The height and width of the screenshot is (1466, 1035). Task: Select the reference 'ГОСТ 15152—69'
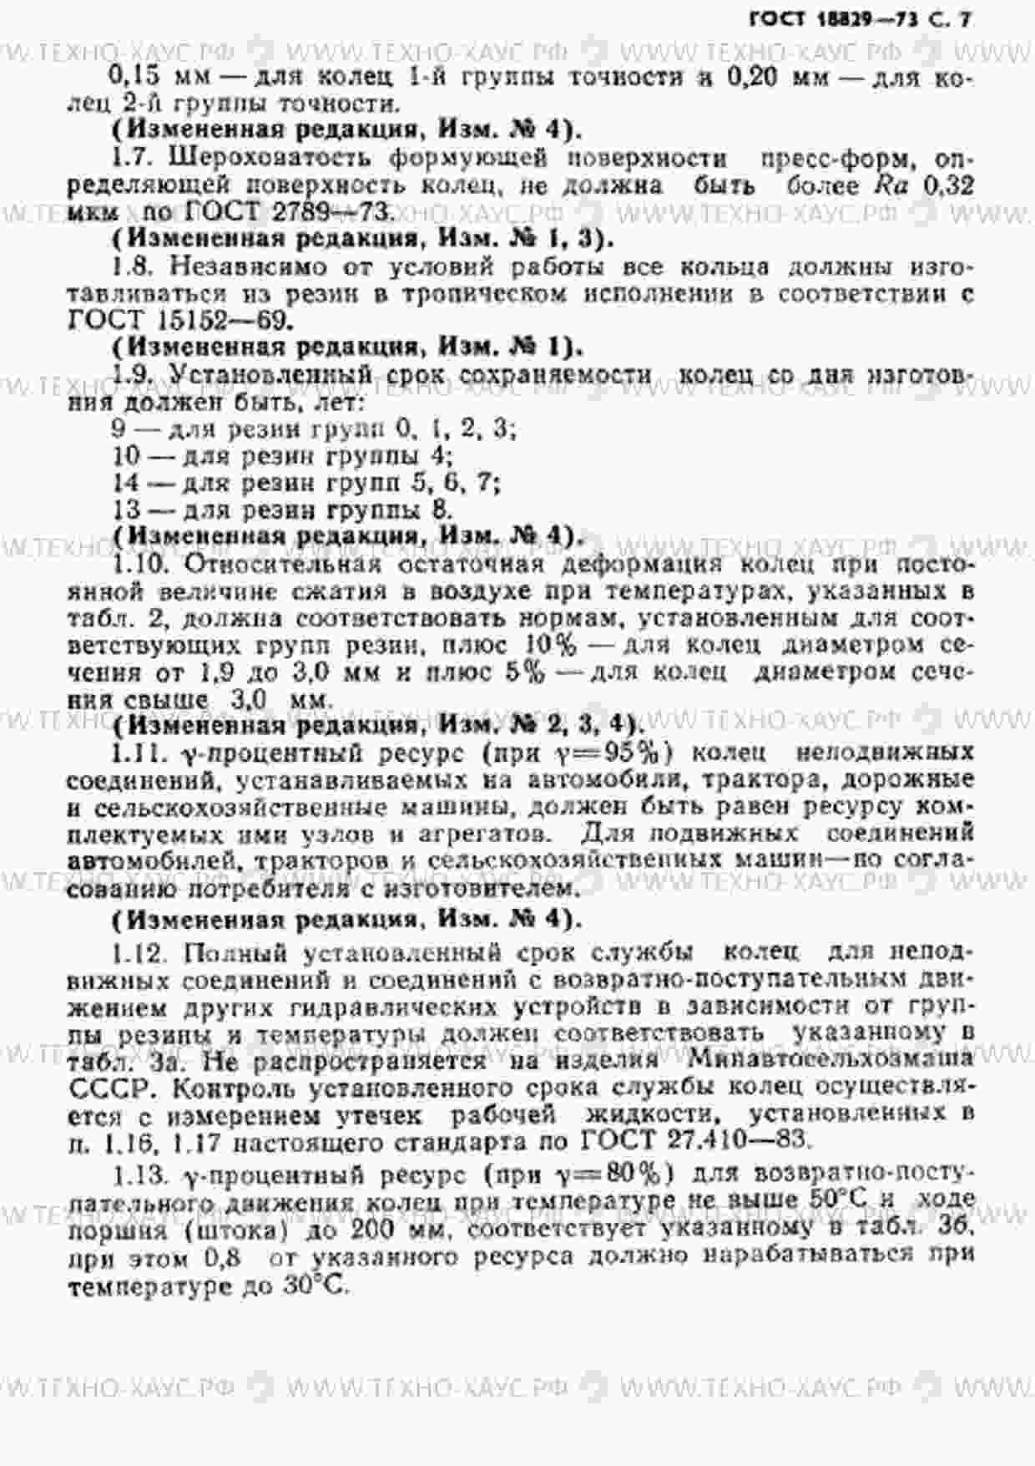tap(179, 320)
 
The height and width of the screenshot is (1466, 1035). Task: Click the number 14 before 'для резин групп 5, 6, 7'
tap(127, 483)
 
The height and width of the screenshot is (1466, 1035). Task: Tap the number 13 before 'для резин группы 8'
tap(127, 510)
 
